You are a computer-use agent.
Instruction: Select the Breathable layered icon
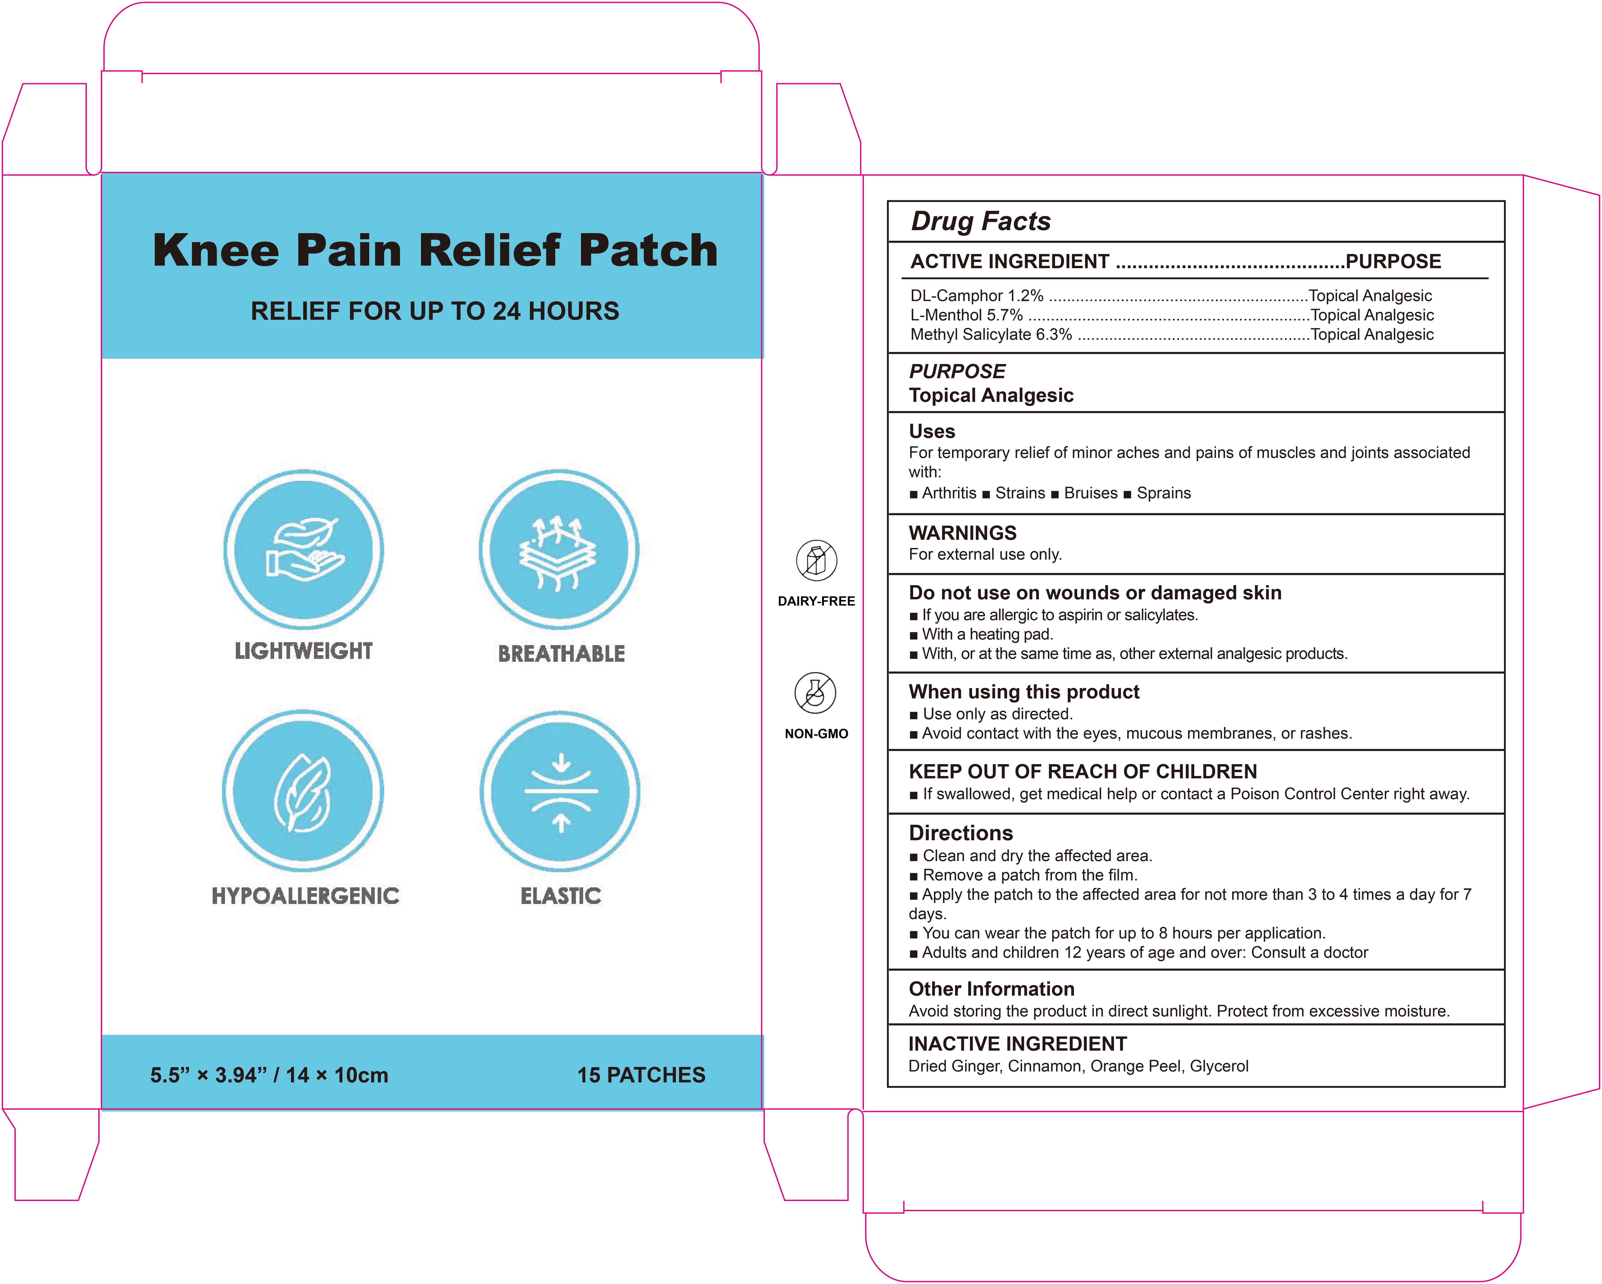point(559,549)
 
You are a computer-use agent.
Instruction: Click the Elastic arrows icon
point(560,792)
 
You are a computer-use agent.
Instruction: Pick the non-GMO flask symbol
point(815,693)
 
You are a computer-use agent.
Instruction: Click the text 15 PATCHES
point(641,1074)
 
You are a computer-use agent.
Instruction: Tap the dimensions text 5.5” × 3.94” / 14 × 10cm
point(269,1074)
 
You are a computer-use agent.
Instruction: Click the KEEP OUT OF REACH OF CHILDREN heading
point(1083,772)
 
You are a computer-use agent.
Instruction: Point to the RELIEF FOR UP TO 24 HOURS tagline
point(435,311)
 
